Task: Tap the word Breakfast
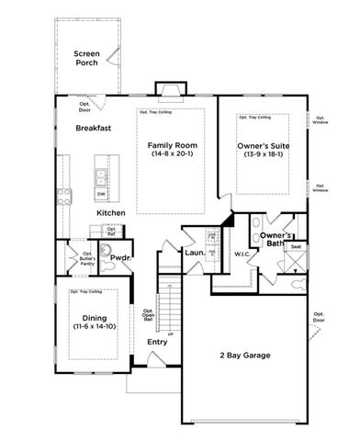click(x=93, y=129)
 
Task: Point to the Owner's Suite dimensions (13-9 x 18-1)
click(x=263, y=154)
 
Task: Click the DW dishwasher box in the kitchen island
click(x=101, y=194)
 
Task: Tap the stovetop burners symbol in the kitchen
click(x=64, y=194)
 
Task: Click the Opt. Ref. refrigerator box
click(x=111, y=231)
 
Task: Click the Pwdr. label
click(x=121, y=258)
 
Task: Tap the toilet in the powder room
click(x=105, y=248)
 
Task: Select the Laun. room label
click(x=194, y=251)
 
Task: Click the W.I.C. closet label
click(x=243, y=254)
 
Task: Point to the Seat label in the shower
click(x=297, y=246)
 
